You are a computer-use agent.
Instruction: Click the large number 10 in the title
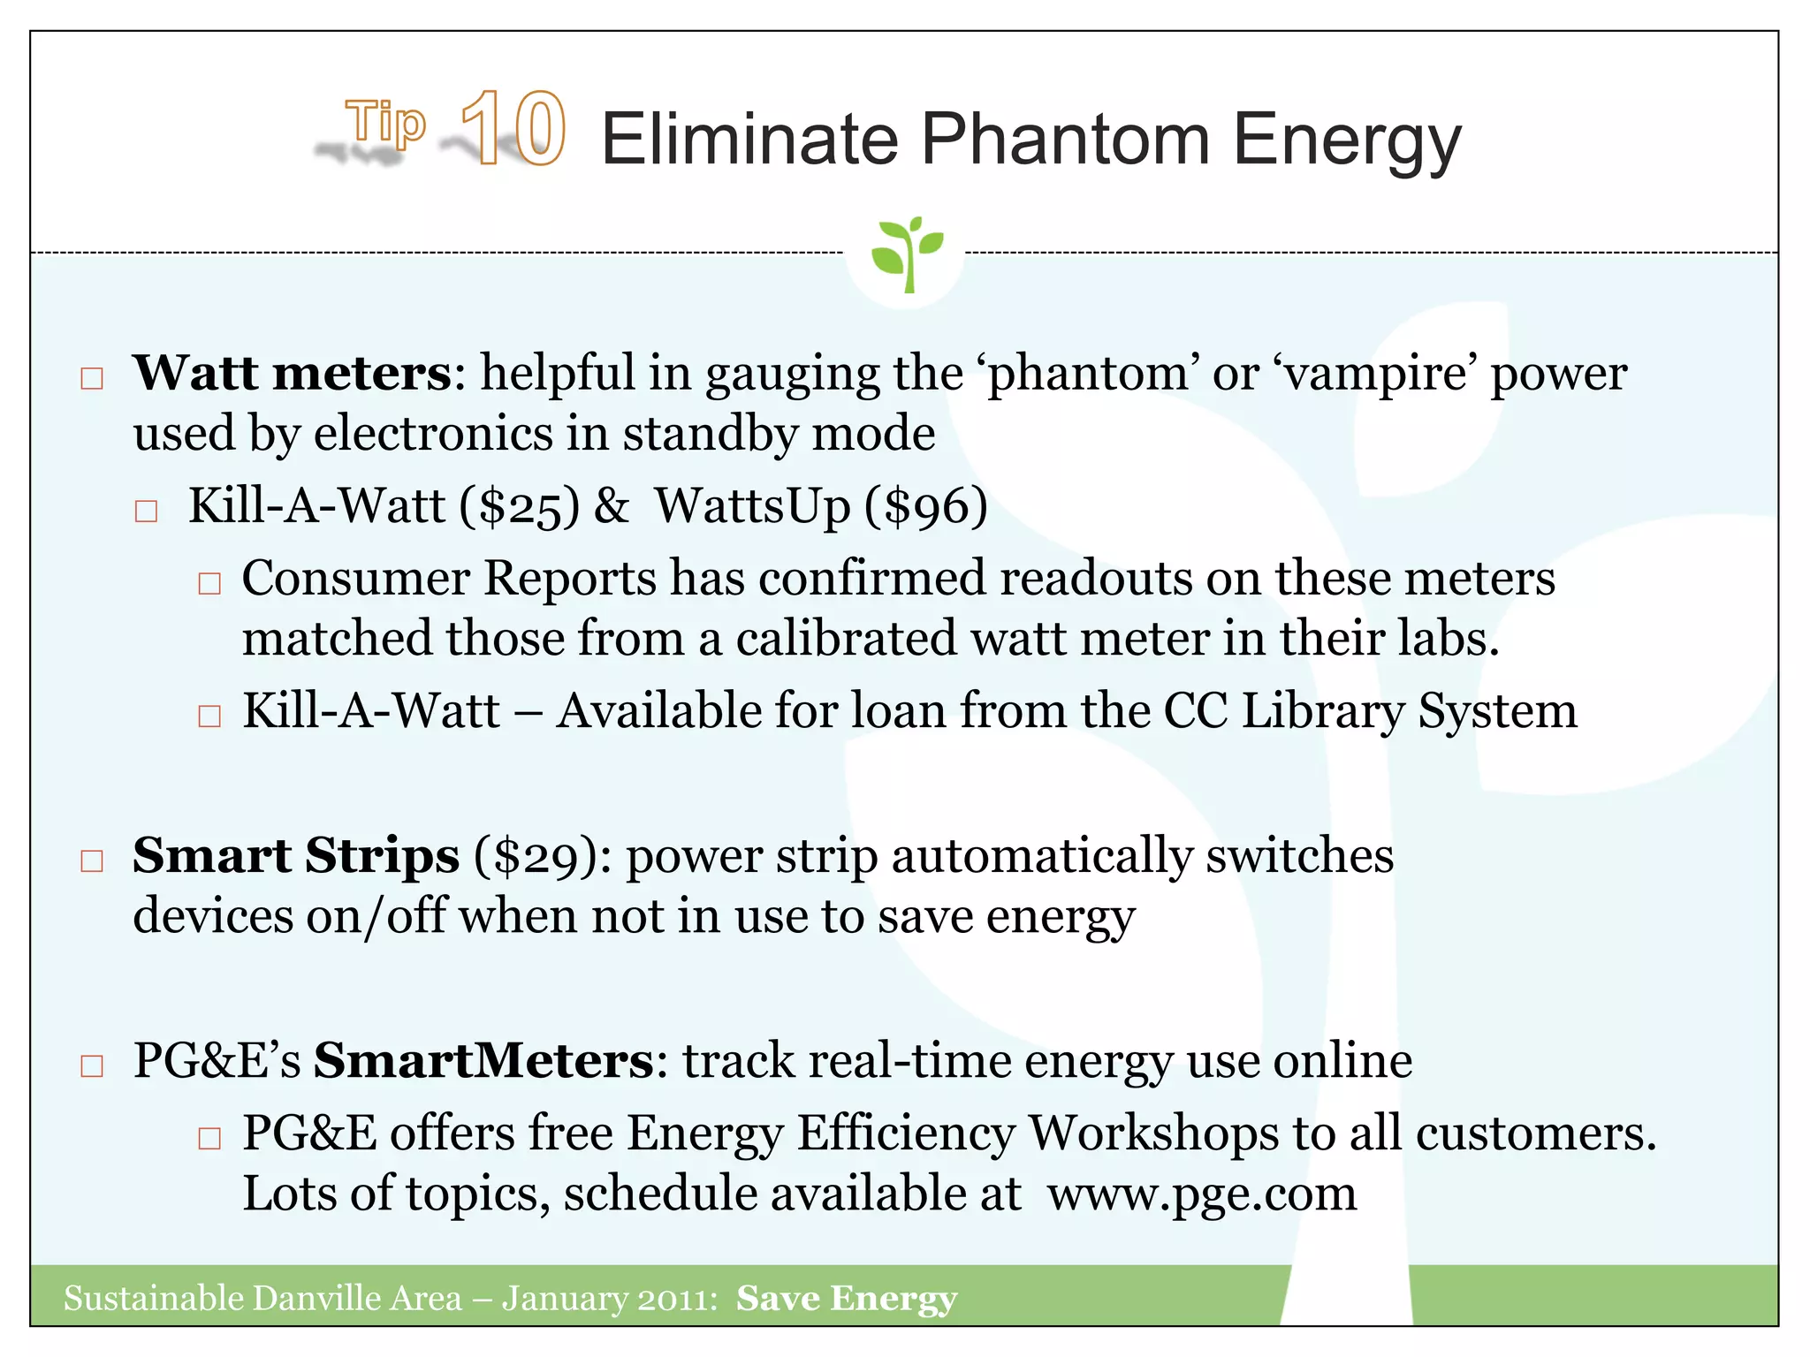click(513, 129)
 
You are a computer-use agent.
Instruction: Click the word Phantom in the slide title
click(1065, 140)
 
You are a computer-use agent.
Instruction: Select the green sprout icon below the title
click(906, 254)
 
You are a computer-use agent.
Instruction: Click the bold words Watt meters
click(293, 373)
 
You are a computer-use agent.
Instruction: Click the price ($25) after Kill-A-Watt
click(520, 507)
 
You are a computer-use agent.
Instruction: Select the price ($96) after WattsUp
click(925, 507)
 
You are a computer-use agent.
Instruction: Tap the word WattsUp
click(752, 506)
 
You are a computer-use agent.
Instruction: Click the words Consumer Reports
click(449, 579)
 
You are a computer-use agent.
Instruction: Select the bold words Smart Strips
click(296, 855)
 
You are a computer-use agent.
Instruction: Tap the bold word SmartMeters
click(483, 1060)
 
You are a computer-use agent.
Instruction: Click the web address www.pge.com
click(1202, 1194)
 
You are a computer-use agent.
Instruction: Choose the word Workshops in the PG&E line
click(1153, 1134)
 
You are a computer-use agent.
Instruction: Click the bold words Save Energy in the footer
click(847, 1299)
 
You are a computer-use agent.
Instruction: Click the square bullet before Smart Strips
click(92, 860)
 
